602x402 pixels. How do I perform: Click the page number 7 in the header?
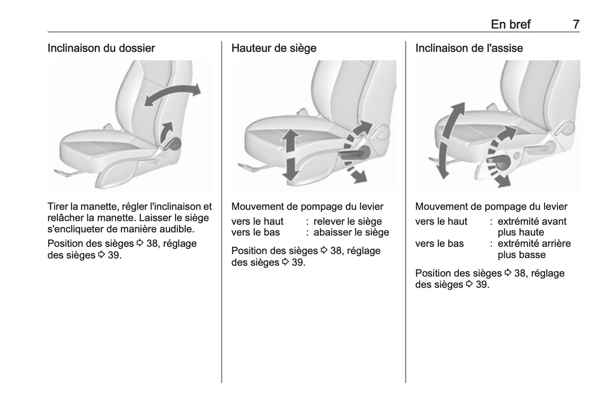tap(576, 24)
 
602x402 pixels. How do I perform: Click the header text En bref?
tap(510, 24)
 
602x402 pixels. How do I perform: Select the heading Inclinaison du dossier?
tap(101, 48)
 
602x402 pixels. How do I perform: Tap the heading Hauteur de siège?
tap(274, 48)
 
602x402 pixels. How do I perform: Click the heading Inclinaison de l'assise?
tap(469, 48)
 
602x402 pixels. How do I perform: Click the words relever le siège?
tap(347, 221)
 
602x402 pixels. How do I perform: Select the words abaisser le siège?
tap(351, 233)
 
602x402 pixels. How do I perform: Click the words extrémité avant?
tap(532, 221)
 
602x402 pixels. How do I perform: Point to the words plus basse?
tap(521, 255)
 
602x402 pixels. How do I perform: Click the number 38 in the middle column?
tap(336, 251)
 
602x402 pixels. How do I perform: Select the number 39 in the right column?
tap(482, 285)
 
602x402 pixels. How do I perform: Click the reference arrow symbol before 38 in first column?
tap(140, 243)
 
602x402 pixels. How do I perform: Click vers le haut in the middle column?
tap(257, 221)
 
